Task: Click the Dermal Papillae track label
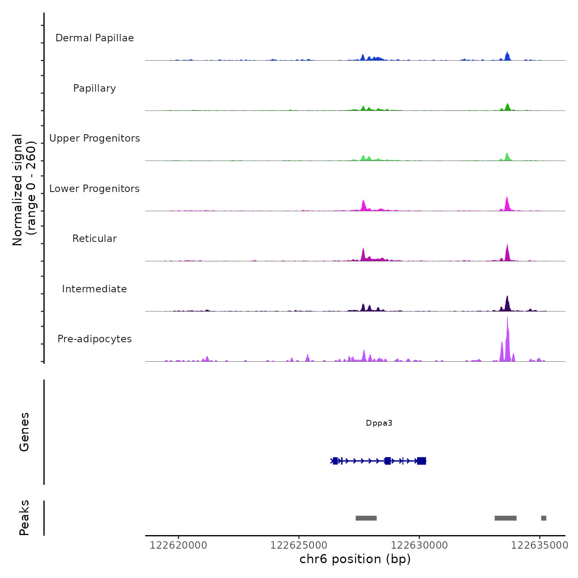[x=95, y=38]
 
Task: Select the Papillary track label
[x=95, y=88]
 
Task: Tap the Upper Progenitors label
[x=95, y=138]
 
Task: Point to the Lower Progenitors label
[x=95, y=189]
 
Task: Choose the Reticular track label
[x=95, y=239]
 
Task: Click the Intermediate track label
[x=95, y=289]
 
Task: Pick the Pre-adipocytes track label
[x=95, y=339]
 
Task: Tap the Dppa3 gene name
[x=379, y=423]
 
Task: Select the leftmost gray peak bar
[x=366, y=518]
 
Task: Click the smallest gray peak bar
[x=544, y=518]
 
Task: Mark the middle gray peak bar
[x=506, y=518]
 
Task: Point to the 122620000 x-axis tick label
[x=178, y=545]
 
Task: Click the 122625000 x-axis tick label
[x=299, y=545]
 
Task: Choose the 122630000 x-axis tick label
[x=419, y=545]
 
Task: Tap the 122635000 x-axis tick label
[x=540, y=545]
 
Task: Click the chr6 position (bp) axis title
[x=355, y=559]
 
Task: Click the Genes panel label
[x=24, y=432]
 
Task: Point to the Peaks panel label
[x=24, y=518]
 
